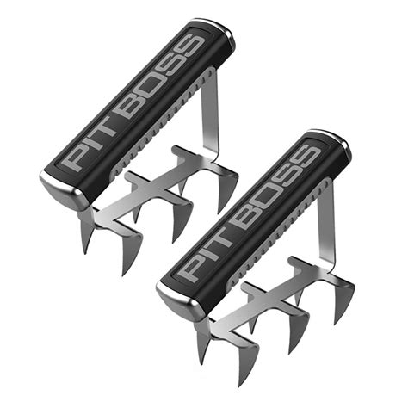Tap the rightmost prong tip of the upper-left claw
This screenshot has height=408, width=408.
coord(231,207)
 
